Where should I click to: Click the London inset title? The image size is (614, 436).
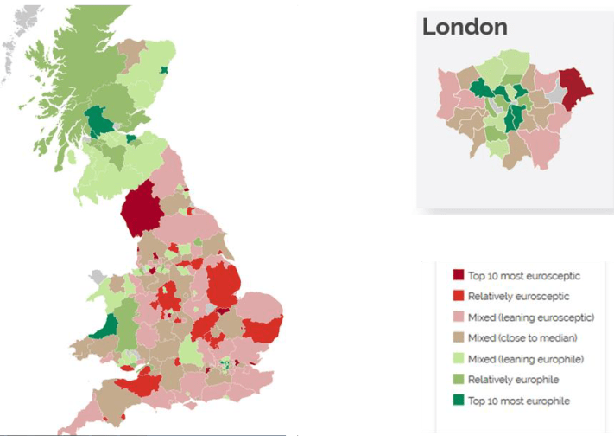465,27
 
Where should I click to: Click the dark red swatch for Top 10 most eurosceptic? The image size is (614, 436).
459,275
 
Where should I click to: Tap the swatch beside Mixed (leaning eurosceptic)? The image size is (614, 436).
459,317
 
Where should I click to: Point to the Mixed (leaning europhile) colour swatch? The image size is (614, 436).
459,358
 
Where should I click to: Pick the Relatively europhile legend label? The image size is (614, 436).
513,379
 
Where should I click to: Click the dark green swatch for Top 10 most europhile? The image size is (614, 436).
459,400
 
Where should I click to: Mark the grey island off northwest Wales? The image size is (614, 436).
98,279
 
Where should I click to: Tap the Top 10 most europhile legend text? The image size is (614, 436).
518,400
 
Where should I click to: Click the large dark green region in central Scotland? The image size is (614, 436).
97,121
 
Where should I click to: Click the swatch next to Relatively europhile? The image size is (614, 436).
459,379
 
